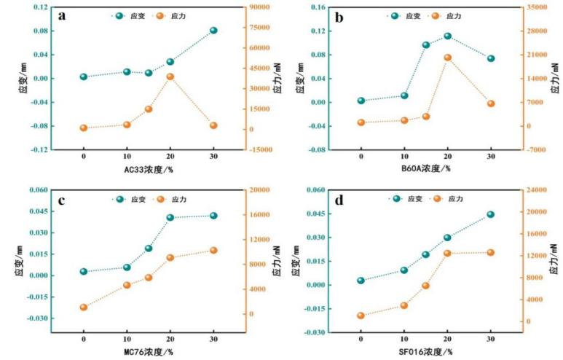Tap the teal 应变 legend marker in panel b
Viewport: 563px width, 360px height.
394,15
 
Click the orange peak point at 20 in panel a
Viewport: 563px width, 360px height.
170,77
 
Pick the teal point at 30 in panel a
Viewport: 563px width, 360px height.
213,31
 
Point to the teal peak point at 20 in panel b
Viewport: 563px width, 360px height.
447,36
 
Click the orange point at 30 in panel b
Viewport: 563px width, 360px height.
491,103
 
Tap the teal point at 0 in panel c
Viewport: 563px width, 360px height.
84,272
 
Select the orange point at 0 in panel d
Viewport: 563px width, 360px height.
361,316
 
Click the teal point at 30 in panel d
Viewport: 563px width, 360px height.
491,214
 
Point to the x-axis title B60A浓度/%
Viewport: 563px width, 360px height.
425,169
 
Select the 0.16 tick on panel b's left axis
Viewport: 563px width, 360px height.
318,7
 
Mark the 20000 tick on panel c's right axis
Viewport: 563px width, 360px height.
260,190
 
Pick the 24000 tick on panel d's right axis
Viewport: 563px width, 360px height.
537,190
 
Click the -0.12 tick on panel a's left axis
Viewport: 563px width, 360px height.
38,149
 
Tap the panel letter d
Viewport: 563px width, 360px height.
342,199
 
